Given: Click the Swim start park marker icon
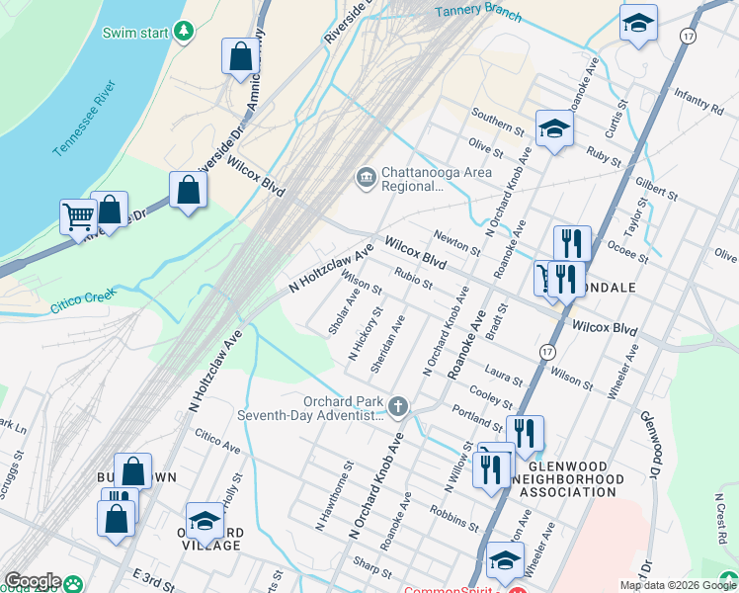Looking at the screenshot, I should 183,32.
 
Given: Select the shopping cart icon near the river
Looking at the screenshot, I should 78,215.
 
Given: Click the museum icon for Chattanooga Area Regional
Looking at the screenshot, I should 366,178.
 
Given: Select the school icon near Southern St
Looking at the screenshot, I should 554,128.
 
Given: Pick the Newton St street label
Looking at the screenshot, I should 456,240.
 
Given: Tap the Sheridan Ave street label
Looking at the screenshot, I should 387,344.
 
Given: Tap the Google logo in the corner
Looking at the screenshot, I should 32,582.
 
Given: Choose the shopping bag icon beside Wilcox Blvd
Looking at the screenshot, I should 188,191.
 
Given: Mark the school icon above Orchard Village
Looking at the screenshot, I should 205,520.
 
